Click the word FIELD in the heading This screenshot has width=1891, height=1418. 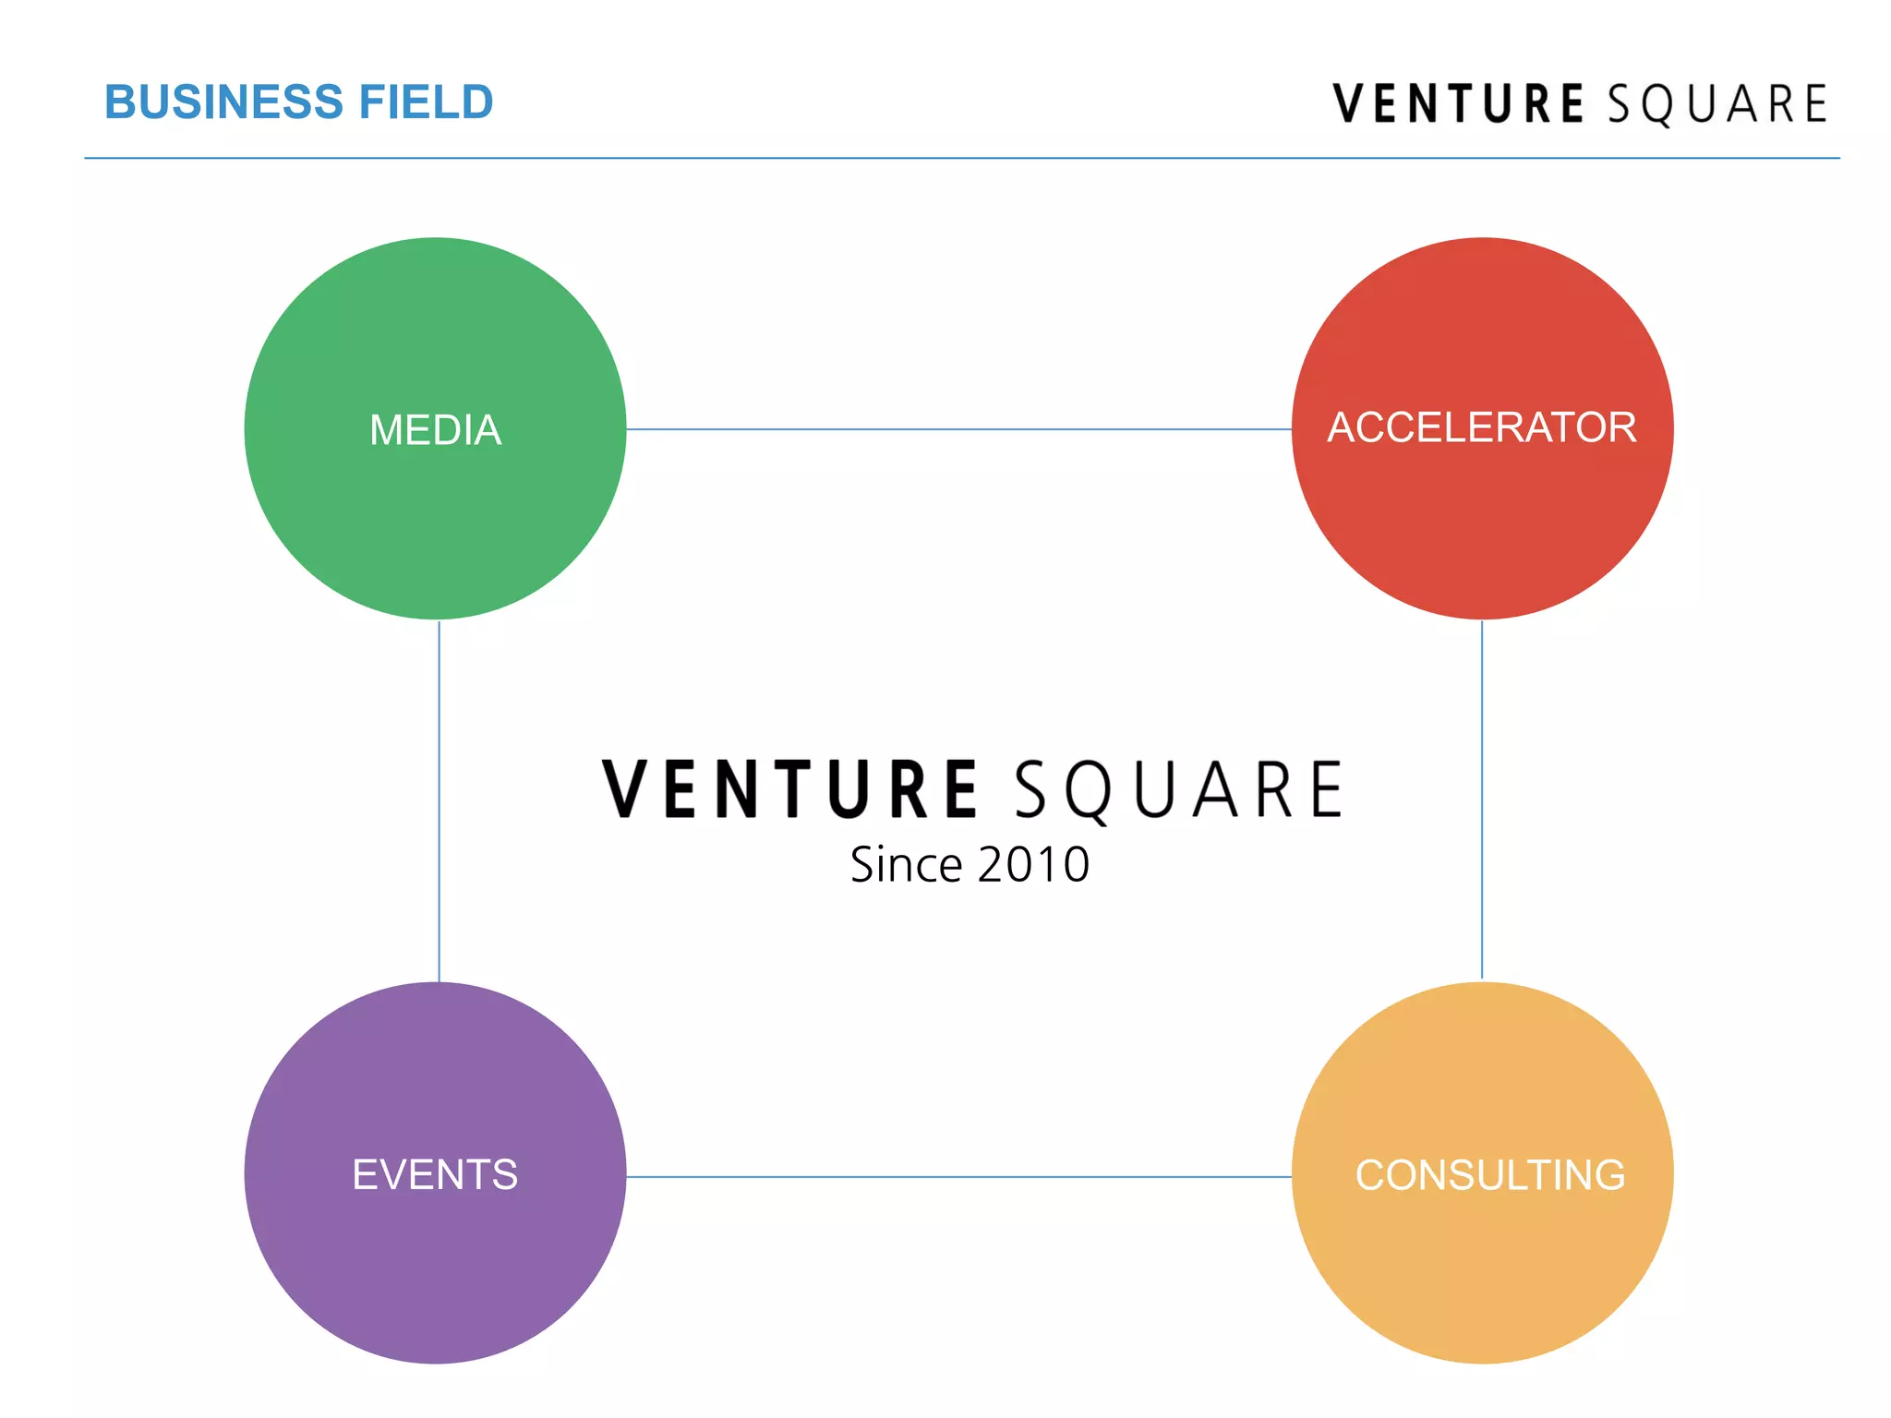[x=426, y=102]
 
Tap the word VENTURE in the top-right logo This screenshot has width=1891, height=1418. [x=1458, y=103]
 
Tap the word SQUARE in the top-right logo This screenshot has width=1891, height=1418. [x=1717, y=103]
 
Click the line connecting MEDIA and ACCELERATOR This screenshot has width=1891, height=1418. [x=958, y=429]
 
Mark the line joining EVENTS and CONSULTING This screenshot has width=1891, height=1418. [x=958, y=1177]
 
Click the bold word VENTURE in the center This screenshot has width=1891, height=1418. [x=789, y=789]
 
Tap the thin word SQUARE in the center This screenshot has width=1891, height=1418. [x=1179, y=790]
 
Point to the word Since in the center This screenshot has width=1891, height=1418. [x=906, y=865]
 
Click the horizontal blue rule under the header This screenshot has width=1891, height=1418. [x=961, y=159]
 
